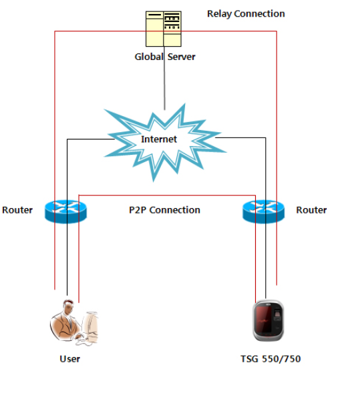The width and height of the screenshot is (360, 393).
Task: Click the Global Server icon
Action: click(164, 28)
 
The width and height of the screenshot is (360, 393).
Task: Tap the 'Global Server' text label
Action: click(165, 57)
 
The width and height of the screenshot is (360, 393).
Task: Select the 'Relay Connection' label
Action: click(245, 13)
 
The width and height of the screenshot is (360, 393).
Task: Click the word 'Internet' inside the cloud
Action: click(159, 139)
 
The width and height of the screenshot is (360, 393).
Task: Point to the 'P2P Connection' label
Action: click(164, 210)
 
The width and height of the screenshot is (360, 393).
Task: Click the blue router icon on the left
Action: click(65, 210)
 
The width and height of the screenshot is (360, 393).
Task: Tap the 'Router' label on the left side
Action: click(17, 210)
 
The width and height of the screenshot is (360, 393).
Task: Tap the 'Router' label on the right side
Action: click(311, 210)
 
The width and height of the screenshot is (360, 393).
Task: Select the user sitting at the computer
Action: click(73, 323)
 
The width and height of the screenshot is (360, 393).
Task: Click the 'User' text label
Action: click(69, 359)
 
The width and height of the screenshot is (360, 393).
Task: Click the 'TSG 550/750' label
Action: click(271, 359)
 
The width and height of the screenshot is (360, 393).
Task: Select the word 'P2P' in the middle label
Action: click(138, 210)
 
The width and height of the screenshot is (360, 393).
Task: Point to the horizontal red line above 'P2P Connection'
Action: click(167, 195)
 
